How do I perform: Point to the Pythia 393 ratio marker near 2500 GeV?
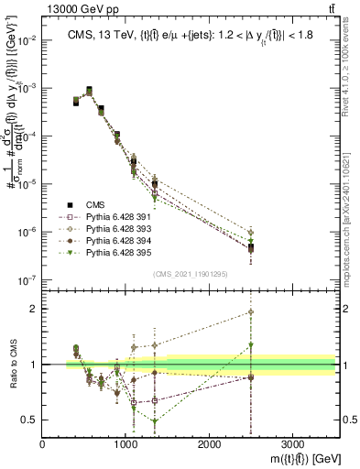tap(252, 312)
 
